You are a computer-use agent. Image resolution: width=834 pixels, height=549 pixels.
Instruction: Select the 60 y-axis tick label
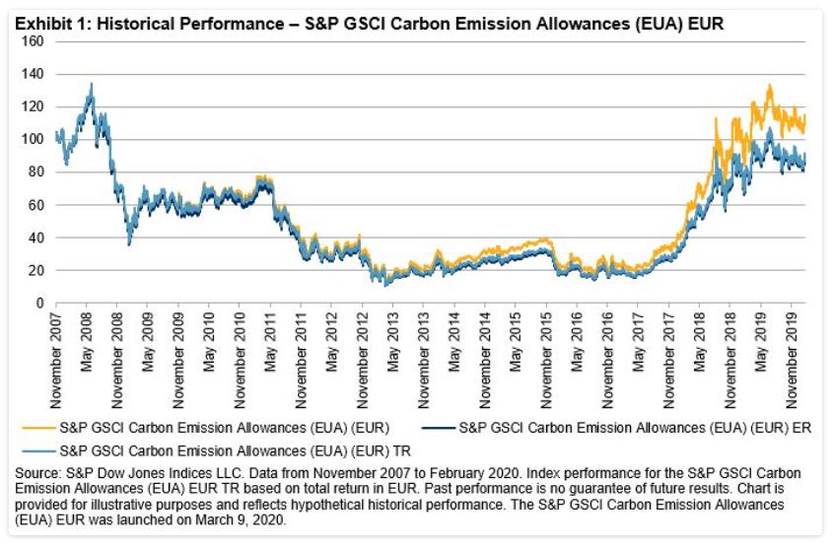37,205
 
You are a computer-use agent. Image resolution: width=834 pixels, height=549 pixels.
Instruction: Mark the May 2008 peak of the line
92,84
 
